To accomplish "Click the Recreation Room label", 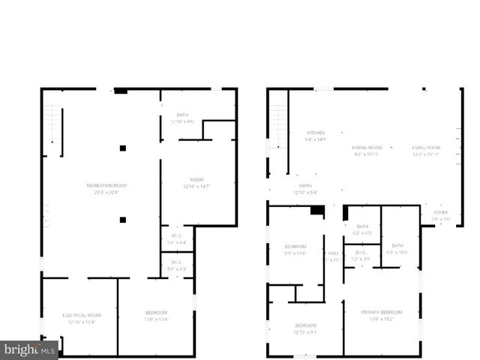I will pyautogui.click(x=106, y=185).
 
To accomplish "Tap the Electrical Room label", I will pyautogui.click(x=81, y=315).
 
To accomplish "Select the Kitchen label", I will pyautogui.click(x=315, y=132).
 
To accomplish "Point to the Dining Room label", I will pyautogui.click(x=367, y=147).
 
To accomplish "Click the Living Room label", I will pyautogui.click(x=425, y=147).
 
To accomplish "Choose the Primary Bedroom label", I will pyautogui.click(x=382, y=312).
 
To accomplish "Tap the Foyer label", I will pyautogui.click(x=441, y=212).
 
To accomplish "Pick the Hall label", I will pyautogui.click(x=333, y=253).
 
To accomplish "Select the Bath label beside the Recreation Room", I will pyautogui.click(x=182, y=115).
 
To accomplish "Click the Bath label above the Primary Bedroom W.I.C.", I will pyautogui.click(x=363, y=226).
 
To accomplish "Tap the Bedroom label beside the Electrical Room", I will pyautogui.click(x=156, y=312).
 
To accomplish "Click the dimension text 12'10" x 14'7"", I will pyautogui.click(x=197, y=186).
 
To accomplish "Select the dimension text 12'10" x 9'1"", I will pyautogui.click(x=305, y=332).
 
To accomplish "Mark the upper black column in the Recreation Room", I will pyautogui.click(x=122, y=148).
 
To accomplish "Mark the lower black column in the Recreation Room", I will pyautogui.click(x=122, y=220).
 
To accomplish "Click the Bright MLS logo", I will pyautogui.click(x=29, y=350).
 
